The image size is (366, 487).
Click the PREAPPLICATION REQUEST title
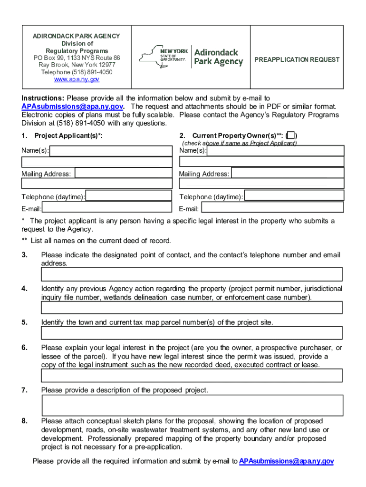point(297,59)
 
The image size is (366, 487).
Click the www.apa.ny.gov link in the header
point(77,79)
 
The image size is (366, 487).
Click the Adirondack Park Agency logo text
point(219,57)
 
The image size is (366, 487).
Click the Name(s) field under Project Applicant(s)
point(111,151)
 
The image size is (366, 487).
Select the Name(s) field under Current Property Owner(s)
point(275,151)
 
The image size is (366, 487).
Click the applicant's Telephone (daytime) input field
point(129,196)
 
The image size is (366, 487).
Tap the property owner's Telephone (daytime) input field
point(294,196)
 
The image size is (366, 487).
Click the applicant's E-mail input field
point(107,207)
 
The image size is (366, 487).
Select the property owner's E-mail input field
point(272,207)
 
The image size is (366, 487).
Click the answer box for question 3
point(192,274)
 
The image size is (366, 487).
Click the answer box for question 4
point(192,308)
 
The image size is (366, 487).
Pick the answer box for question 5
point(192,333)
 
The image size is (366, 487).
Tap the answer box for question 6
point(192,376)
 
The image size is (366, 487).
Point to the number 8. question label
point(24,421)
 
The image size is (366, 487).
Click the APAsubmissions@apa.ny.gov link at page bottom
point(286,461)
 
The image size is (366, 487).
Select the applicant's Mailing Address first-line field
point(124,173)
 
